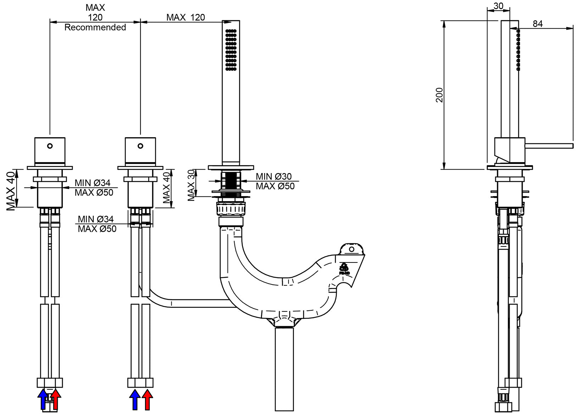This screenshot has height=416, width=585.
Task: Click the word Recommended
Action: [x=95, y=27]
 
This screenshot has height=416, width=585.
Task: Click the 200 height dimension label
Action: [x=440, y=95]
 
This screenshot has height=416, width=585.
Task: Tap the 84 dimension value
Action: [x=538, y=24]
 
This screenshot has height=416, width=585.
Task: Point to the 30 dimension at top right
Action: [x=498, y=6]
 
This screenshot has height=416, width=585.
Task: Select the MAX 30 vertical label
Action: [x=191, y=185]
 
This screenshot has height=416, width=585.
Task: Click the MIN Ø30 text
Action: [x=274, y=176]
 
